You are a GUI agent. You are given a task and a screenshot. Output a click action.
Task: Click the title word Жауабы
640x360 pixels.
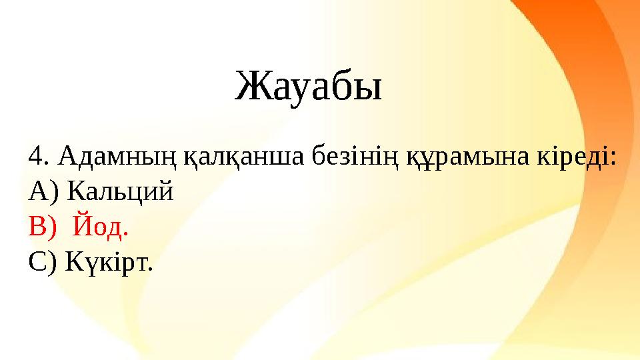[309, 87]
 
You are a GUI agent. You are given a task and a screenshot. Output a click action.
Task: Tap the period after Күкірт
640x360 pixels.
[151, 269]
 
